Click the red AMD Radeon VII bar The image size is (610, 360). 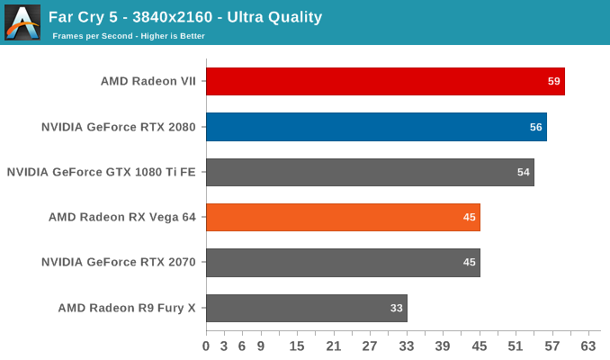pyautogui.click(x=384, y=81)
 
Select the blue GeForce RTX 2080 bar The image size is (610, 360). pyautogui.click(x=376, y=127)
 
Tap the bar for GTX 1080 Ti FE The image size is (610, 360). pyautogui.click(x=370, y=172)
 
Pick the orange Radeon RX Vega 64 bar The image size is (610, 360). pyautogui.click(x=343, y=217)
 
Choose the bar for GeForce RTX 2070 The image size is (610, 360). pyautogui.click(x=343, y=263)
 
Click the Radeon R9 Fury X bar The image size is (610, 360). pyautogui.click(x=306, y=308)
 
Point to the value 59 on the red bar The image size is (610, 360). pyautogui.click(x=554, y=82)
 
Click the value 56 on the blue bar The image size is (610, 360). pyautogui.click(x=536, y=127)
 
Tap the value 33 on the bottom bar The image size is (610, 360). pyautogui.click(x=397, y=308)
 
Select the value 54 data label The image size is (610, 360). pyautogui.click(x=524, y=172)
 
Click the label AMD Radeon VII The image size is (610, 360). pyautogui.click(x=148, y=82)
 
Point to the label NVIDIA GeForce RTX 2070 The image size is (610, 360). pyautogui.click(x=119, y=263)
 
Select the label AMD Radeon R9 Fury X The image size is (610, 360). pyautogui.click(x=127, y=308)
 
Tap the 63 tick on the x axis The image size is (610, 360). pyautogui.click(x=588, y=346)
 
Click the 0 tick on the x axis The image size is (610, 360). pyautogui.click(x=206, y=346)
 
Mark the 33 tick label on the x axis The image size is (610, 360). pyautogui.click(x=407, y=346)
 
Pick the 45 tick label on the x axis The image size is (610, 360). pyautogui.click(x=480, y=346)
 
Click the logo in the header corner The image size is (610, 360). pyautogui.click(x=22, y=22)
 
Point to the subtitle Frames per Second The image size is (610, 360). pyautogui.click(x=94, y=36)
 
